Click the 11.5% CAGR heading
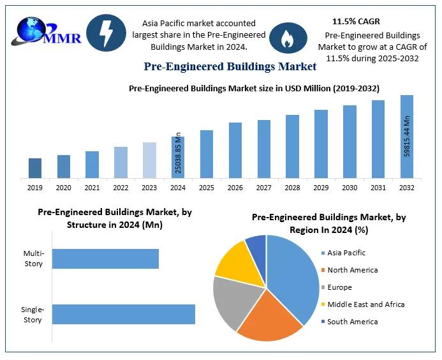(x=356, y=22)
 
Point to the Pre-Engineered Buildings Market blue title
(x=230, y=66)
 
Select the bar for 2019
(x=35, y=168)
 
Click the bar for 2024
(x=178, y=157)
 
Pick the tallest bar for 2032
(x=406, y=137)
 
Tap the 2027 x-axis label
(x=264, y=188)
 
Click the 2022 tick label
(x=121, y=188)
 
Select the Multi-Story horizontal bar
(x=105, y=259)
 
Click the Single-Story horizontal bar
(x=123, y=314)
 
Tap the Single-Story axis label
(x=32, y=315)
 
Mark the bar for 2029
(x=321, y=144)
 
